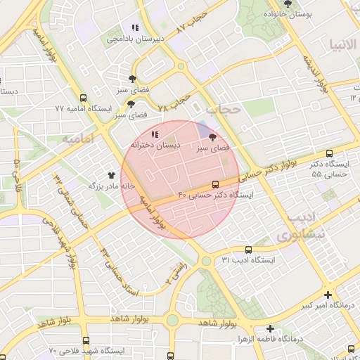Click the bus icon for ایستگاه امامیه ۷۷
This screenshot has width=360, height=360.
point(84,98)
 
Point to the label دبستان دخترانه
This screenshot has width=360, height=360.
point(155,144)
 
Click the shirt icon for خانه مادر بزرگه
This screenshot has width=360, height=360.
point(111,175)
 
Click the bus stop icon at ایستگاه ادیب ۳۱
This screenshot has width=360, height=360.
point(247,250)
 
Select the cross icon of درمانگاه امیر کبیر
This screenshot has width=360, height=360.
point(328,295)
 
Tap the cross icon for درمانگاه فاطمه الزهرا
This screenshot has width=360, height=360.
point(271,328)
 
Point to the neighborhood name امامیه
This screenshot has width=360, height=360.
point(78,139)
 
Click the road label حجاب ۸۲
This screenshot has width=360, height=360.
point(194,23)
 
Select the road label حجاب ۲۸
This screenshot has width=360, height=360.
point(174,103)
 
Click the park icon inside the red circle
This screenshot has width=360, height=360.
point(213,138)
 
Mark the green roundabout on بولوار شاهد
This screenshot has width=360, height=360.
point(172,320)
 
